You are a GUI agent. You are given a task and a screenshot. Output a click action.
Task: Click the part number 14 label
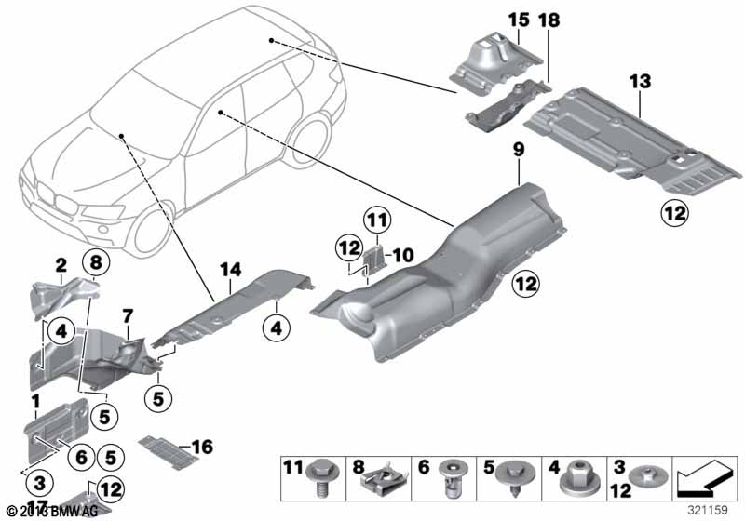229,270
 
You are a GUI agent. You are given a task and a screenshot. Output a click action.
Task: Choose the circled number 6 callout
80,457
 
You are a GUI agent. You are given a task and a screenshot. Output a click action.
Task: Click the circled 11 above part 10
374,221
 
